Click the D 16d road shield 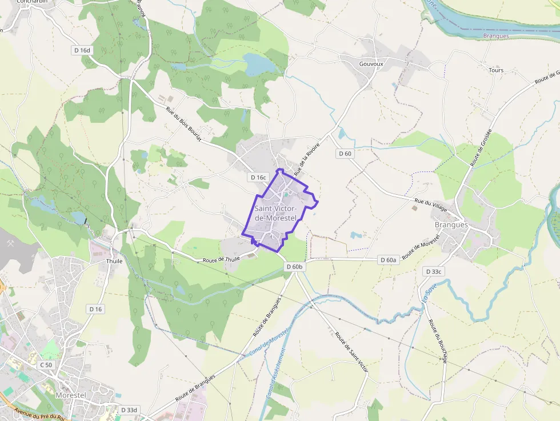point(82,50)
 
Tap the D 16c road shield point(258,178)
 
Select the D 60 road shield point(345,153)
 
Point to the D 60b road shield point(295,267)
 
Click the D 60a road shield point(389,260)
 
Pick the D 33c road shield point(434,271)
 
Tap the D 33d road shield point(130,410)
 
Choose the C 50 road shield point(46,364)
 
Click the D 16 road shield point(95,309)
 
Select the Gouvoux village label point(371,64)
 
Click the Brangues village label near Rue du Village point(451,225)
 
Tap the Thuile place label point(114,261)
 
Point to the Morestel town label point(71,395)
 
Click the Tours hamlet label point(496,70)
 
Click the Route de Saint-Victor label point(351,352)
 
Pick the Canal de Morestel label point(267,342)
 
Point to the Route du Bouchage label point(438,341)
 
